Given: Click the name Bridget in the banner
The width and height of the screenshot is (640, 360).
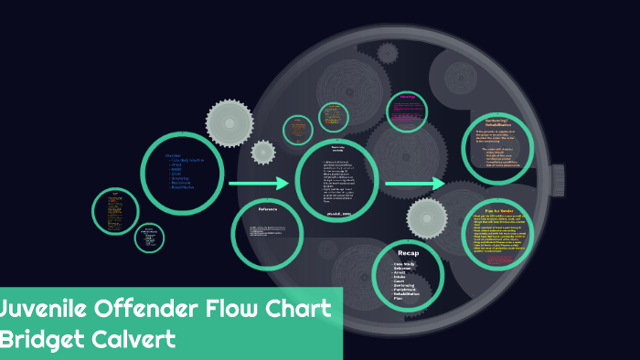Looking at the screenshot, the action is (x=47, y=340).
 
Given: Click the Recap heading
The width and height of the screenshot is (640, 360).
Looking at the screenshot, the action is (x=408, y=252).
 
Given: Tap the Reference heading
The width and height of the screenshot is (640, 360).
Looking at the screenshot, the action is (x=268, y=210).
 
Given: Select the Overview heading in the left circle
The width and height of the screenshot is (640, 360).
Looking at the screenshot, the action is (x=171, y=154).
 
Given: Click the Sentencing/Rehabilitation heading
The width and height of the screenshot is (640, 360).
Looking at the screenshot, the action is (x=496, y=123).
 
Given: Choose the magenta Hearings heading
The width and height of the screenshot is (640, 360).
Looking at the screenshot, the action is (x=409, y=98).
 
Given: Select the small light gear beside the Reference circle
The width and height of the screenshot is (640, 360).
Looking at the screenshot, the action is (x=263, y=152).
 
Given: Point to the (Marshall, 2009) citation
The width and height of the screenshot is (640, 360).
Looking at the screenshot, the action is (x=337, y=213).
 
